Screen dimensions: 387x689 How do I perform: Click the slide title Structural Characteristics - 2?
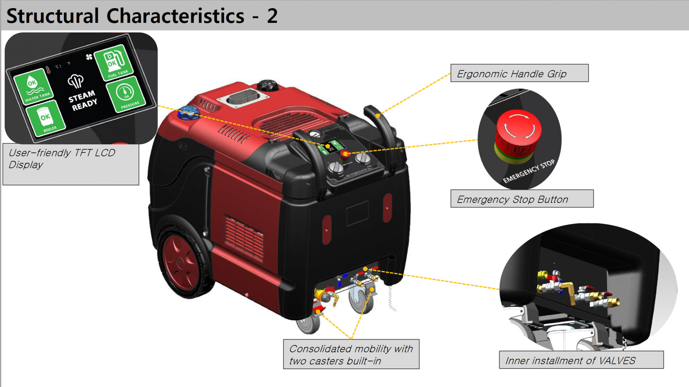(x=142, y=16)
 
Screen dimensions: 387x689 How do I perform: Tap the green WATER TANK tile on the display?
(x=33, y=86)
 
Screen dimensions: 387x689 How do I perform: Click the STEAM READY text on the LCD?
(x=83, y=100)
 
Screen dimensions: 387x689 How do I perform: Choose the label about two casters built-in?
(x=351, y=354)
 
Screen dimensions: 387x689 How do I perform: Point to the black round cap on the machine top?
(x=268, y=85)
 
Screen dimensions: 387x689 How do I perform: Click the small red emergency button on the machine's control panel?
(x=344, y=154)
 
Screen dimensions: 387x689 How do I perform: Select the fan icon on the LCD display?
(x=89, y=57)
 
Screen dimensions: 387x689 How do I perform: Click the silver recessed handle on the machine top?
(x=243, y=98)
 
